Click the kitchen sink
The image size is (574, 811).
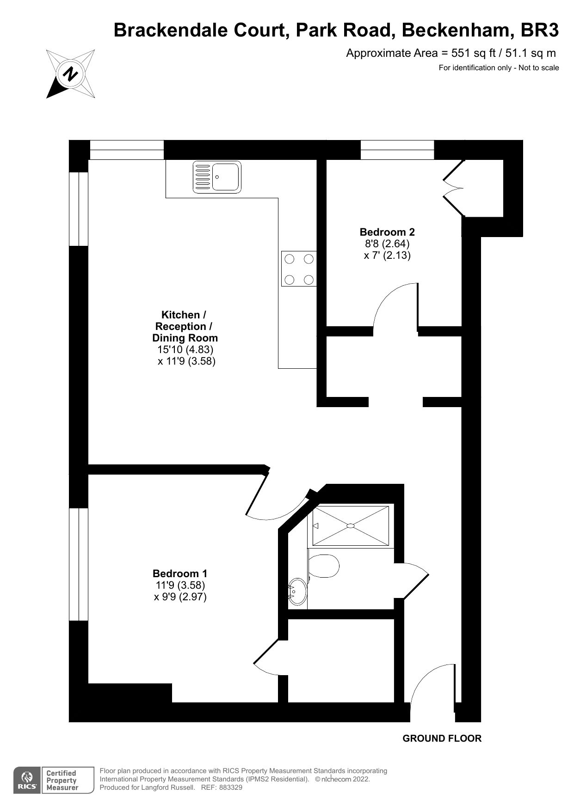217,177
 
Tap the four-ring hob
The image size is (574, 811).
299,269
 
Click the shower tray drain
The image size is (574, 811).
350,525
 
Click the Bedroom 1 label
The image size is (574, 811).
180,573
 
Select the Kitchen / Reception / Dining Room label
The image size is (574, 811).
185,326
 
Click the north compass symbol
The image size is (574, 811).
71,74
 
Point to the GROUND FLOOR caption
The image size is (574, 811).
442,738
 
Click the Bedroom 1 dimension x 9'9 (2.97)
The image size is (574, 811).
180,597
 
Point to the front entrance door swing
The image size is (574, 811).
430,684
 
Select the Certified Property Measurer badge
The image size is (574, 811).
62,781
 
